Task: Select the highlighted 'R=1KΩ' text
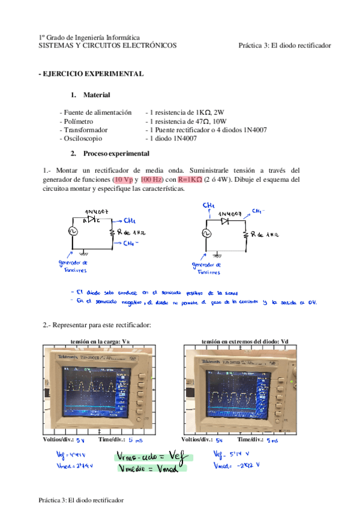click(190, 179)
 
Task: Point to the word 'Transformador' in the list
click(83, 130)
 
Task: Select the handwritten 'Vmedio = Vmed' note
click(148, 469)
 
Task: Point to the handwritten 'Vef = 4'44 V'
click(68, 454)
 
